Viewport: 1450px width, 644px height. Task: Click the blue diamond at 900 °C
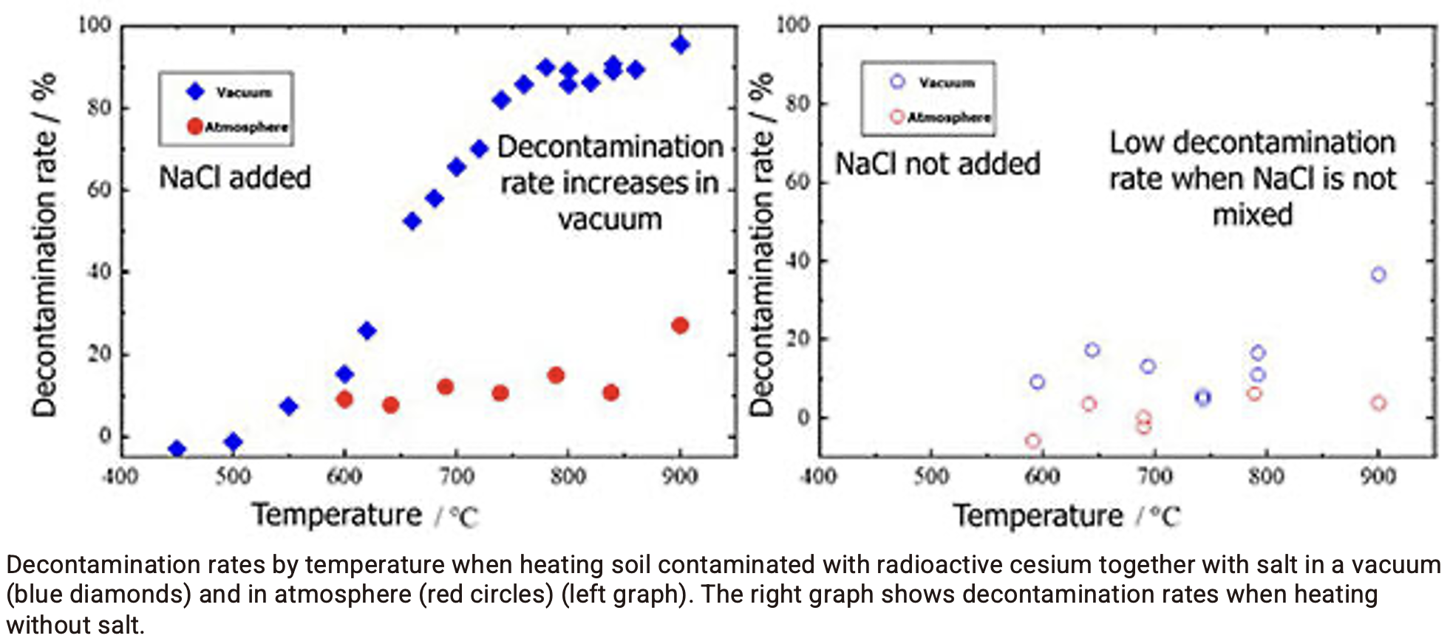pos(680,44)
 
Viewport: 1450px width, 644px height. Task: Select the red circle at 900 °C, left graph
pos(680,325)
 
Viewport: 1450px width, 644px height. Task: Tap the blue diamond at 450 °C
pos(177,448)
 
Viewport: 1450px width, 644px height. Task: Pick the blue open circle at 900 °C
pos(1378,275)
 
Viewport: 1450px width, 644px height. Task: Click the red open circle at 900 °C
pos(1378,402)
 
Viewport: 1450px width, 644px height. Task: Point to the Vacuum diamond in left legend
pos(195,92)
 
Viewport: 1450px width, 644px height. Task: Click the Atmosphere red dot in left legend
pos(195,126)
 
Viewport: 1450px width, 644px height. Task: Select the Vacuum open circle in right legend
pos(897,82)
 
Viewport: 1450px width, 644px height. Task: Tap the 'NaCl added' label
pos(235,177)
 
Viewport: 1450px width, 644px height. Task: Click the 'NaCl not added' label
pos(937,163)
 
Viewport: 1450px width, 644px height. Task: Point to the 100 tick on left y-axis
pos(95,25)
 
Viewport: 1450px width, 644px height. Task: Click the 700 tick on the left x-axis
pos(457,476)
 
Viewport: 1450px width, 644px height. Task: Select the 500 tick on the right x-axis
pos(931,476)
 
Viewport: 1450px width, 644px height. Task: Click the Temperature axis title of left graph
pos(336,515)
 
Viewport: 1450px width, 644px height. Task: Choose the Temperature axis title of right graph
pos(1037,515)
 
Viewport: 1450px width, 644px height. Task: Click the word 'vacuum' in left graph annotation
pos(610,219)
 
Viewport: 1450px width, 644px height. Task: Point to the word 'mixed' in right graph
pos(1253,215)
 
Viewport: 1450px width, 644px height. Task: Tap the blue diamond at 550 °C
pos(288,406)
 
